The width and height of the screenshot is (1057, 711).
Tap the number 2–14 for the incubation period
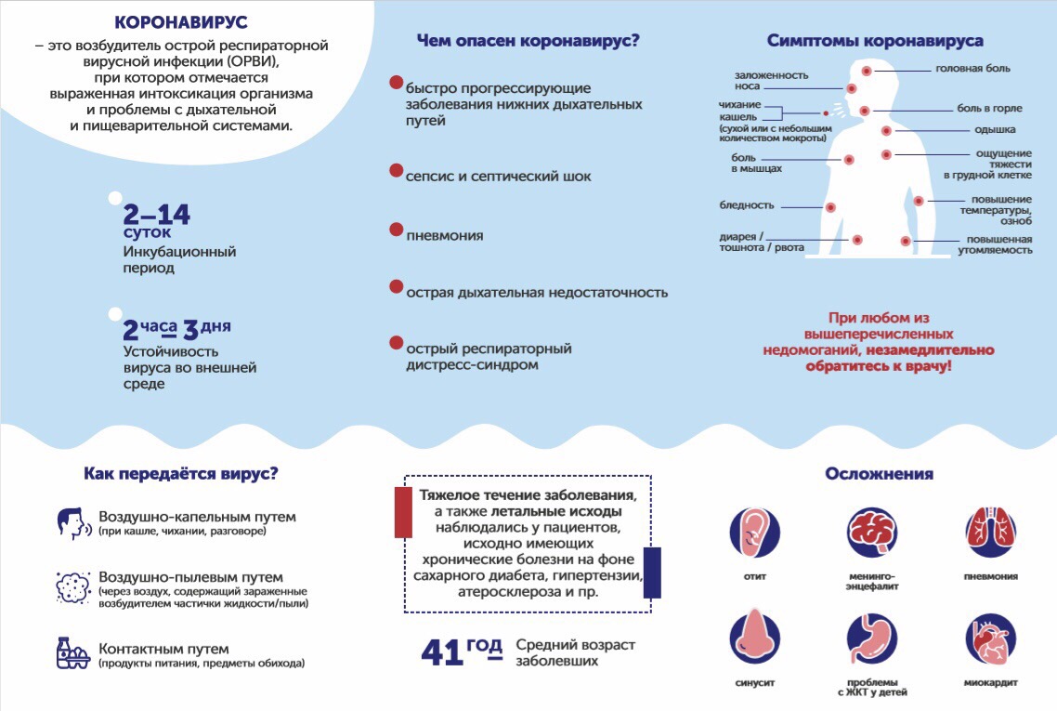coord(156,215)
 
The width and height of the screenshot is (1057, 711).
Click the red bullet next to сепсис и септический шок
coord(396,171)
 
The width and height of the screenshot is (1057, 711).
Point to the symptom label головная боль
coord(972,68)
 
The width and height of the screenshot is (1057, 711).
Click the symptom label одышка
coord(994,130)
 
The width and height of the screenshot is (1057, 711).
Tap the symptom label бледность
coord(747,205)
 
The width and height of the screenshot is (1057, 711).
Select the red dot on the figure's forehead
coord(867,71)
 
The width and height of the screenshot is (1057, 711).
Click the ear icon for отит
coord(754,533)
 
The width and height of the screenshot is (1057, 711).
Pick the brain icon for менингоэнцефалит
coord(872,533)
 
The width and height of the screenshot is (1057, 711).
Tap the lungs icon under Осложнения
coord(990,533)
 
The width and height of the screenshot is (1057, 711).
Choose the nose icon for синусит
coord(754,637)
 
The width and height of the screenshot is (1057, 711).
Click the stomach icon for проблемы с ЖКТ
coord(872,637)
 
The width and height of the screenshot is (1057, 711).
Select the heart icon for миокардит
coord(990,637)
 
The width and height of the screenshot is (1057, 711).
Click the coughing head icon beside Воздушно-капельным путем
coord(72,523)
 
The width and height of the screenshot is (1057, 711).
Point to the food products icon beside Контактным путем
coord(72,652)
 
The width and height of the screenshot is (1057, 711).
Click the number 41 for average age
coord(442,652)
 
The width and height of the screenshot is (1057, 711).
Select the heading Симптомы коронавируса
coord(875,41)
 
